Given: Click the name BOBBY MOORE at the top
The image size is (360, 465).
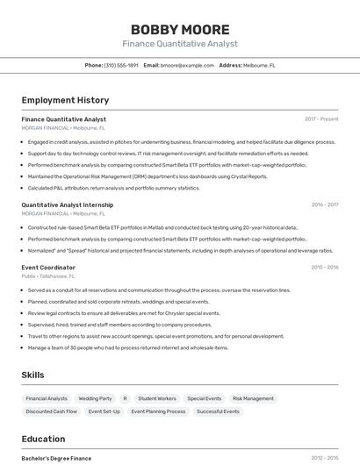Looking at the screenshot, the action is (x=179, y=29).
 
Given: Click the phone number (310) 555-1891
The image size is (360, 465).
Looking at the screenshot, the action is (x=121, y=65).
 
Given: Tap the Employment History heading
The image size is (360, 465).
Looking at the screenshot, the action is (x=65, y=100).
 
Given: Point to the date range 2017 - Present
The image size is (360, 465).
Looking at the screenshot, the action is (x=321, y=119).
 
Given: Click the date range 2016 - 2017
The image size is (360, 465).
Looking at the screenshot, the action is (x=324, y=205).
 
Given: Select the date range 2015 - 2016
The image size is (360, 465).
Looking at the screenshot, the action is (x=324, y=268).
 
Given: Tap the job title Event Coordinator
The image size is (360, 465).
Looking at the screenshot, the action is (x=48, y=268).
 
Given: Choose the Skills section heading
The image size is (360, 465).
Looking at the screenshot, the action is (x=32, y=375).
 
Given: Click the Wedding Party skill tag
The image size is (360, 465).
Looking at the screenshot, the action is (x=95, y=398).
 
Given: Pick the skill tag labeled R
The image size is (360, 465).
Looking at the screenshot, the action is (x=125, y=398).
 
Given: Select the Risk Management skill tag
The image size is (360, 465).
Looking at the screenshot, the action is (x=253, y=398).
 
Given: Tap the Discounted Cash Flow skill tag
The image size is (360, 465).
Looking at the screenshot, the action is (x=52, y=411).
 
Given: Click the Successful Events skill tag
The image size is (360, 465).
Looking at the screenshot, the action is (x=218, y=411).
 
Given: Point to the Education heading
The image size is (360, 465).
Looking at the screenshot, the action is (x=43, y=439).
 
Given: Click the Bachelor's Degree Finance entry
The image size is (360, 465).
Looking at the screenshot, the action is (x=56, y=458).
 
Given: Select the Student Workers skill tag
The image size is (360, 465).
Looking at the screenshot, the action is (x=157, y=398).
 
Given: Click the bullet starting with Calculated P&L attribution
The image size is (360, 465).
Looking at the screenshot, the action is (x=114, y=188).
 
